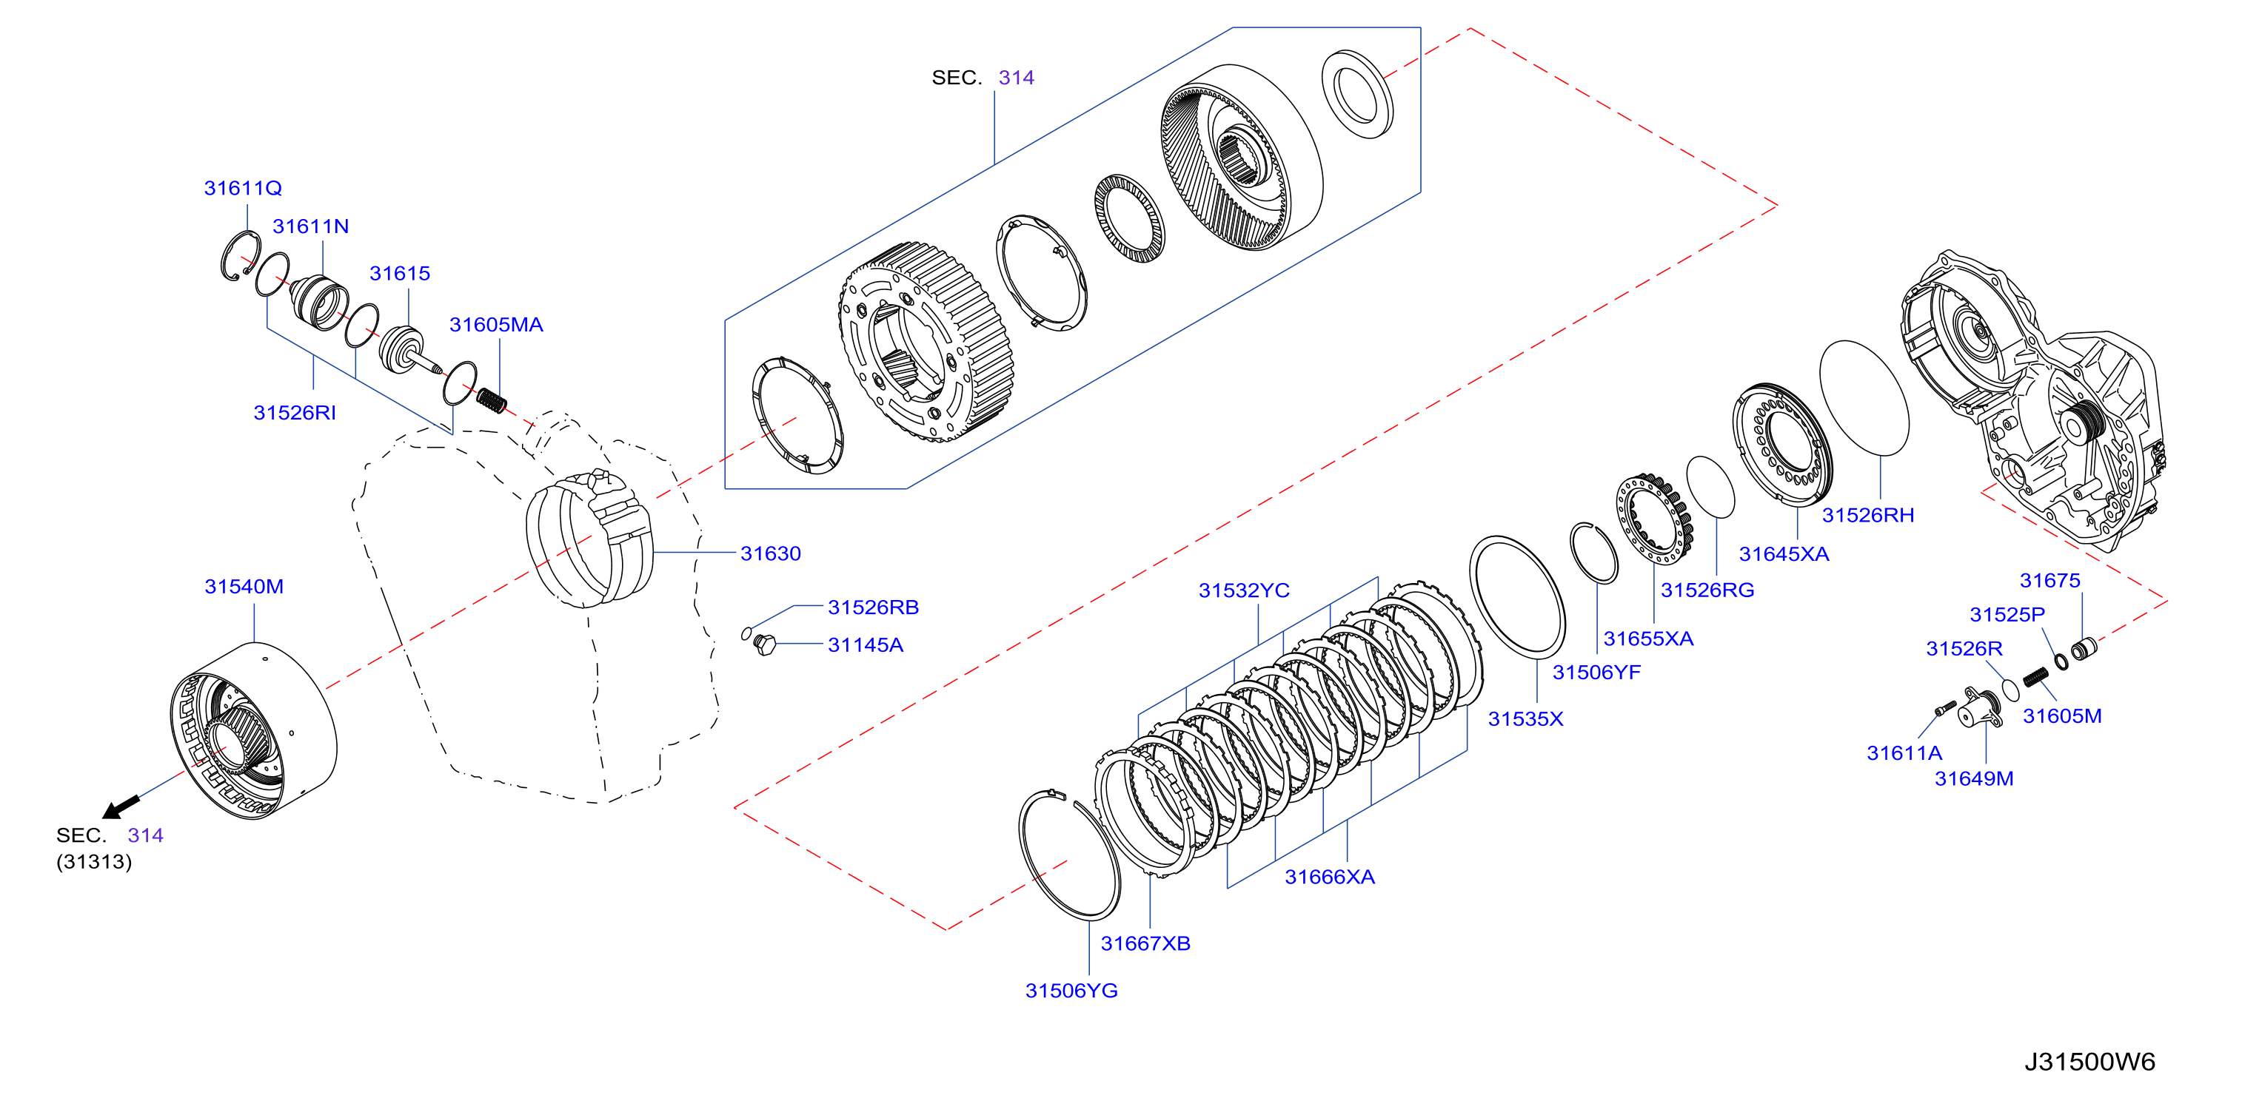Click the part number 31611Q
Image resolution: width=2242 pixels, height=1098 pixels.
[243, 188]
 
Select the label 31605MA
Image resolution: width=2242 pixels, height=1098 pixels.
[496, 325]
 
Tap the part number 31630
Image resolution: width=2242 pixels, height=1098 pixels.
[770, 553]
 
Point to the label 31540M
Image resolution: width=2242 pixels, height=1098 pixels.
[244, 587]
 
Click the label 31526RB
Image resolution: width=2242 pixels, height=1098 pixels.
[873, 607]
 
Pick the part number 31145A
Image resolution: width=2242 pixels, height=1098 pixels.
[865, 644]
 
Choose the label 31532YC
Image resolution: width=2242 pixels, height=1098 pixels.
[1244, 590]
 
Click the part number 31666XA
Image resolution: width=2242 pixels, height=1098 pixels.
[1330, 877]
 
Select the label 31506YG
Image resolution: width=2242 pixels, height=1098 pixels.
[1071, 991]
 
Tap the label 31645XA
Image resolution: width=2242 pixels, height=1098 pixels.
[1784, 554]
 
